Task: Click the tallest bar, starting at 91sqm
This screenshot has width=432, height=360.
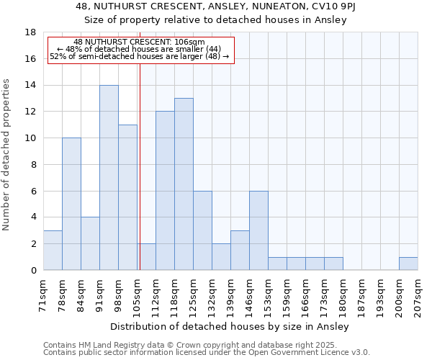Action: tap(109, 178)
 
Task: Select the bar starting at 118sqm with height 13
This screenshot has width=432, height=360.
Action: tap(184, 184)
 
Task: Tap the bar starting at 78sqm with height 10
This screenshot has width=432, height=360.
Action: tap(71, 204)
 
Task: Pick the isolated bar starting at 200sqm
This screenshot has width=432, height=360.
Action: tap(408, 264)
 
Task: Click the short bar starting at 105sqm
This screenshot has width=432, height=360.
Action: tap(146, 257)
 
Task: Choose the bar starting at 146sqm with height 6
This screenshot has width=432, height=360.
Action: tap(258, 230)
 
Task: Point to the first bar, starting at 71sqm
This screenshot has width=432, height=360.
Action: tap(53, 251)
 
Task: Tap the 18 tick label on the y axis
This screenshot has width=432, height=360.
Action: tap(30, 32)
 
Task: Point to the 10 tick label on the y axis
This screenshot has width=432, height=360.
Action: tap(30, 138)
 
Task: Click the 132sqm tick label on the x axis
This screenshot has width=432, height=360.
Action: tap(212, 295)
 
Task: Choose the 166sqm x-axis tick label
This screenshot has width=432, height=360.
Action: tap(306, 295)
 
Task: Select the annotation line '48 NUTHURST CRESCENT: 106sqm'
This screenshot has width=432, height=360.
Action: tap(139, 42)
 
